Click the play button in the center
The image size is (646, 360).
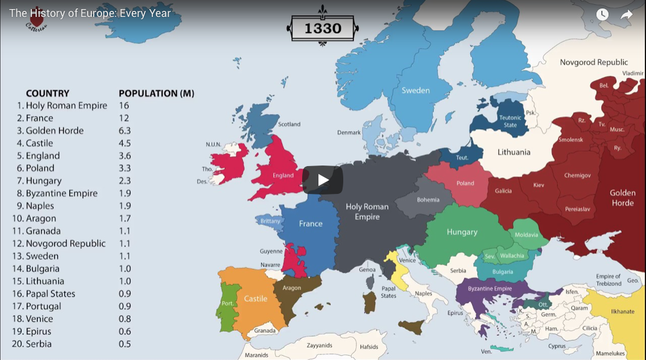pos(323,180)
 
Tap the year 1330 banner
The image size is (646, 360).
pos(323,28)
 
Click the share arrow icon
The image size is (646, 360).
pos(627,14)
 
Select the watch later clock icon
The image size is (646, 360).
pos(602,14)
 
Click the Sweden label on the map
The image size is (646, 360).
pos(416,91)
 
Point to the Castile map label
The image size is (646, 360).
pos(256,298)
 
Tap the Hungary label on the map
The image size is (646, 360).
pos(462,232)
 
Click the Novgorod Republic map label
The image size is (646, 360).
pos(593,62)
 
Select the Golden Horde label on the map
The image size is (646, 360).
pos(622,198)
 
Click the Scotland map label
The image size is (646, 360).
pos(289,124)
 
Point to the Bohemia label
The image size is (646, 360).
pos(428,200)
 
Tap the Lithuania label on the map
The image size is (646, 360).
pos(514,152)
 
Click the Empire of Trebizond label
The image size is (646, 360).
pos(609,280)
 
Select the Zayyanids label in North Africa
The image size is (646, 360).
pos(319,346)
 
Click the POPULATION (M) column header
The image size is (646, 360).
pos(156,94)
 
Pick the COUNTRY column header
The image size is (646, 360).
pos(48,94)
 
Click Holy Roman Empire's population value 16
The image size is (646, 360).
pos(124,106)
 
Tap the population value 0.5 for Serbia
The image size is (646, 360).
pos(124,344)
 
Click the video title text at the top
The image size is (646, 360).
pos(90,13)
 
